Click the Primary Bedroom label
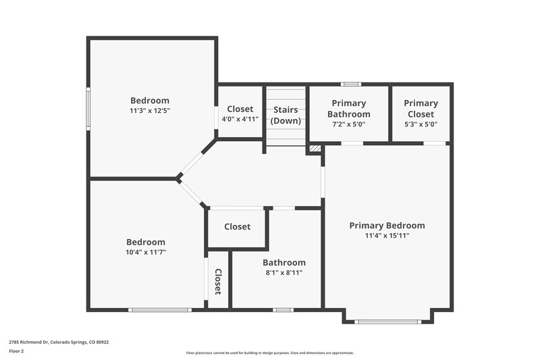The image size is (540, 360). pyautogui.click(x=387, y=226)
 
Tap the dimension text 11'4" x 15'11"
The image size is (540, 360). pyautogui.click(x=387, y=236)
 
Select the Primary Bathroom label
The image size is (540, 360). pyautogui.click(x=348, y=109)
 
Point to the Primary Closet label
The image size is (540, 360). pyautogui.click(x=421, y=109)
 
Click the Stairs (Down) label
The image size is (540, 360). pyautogui.click(x=286, y=115)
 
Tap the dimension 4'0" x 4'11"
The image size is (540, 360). pyautogui.click(x=240, y=120)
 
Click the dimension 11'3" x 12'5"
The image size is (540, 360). pyautogui.click(x=149, y=111)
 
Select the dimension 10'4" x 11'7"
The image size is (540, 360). pyautogui.click(x=146, y=252)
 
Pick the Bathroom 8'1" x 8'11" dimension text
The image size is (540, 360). pyautogui.click(x=283, y=273)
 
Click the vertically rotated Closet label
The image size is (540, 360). pyautogui.click(x=218, y=282)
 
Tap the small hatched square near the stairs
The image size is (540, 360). pyautogui.click(x=314, y=148)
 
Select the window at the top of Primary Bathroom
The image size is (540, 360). pyautogui.click(x=349, y=84)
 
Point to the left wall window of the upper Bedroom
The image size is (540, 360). pyautogui.click(x=88, y=108)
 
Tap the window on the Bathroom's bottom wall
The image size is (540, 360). pyautogui.click(x=283, y=310)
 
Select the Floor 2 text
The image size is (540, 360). pyautogui.click(x=17, y=351)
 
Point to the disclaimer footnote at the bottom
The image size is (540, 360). pyautogui.click(x=269, y=353)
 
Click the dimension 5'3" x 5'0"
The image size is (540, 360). pyautogui.click(x=421, y=124)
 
